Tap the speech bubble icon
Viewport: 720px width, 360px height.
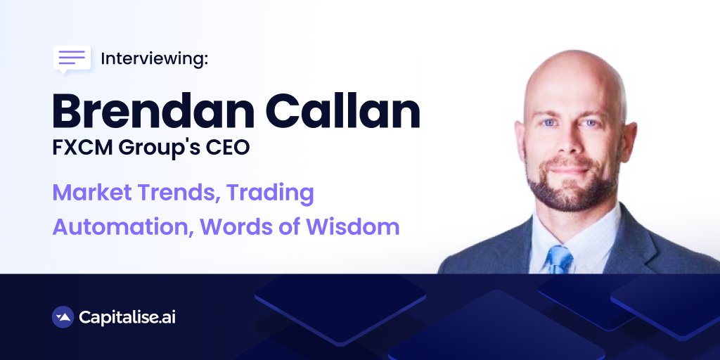72,59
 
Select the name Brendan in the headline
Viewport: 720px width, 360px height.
153,110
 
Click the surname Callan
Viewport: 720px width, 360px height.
343,110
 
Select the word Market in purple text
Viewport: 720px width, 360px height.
92,193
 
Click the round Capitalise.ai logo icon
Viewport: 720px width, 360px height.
63,317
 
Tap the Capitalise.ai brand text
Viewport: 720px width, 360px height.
127,317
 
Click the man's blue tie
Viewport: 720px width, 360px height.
559,259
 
